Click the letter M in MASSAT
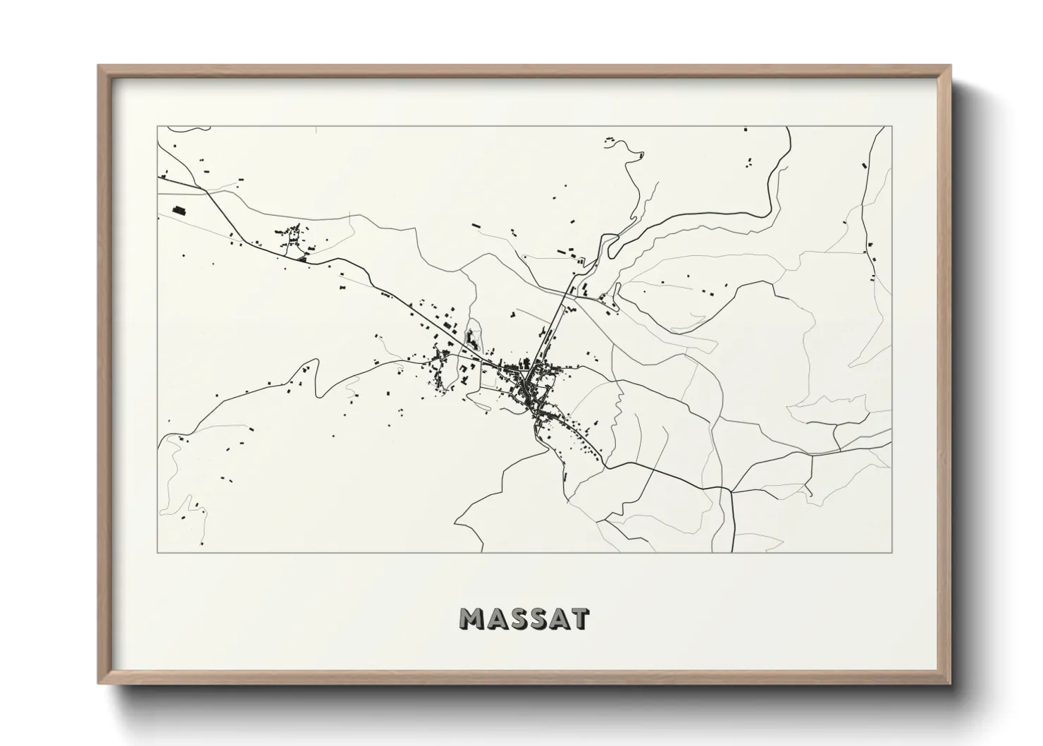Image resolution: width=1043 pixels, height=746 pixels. [474, 618]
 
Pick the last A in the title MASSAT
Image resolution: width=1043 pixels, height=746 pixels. [560, 618]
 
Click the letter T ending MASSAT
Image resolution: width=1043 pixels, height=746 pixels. [580, 618]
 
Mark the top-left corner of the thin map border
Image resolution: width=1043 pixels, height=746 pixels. [157, 127]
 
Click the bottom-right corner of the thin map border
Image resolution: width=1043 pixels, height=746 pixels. [892, 552]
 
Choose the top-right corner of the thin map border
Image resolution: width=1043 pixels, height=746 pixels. [892, 127]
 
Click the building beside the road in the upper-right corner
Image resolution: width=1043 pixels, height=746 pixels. [864, 166]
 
